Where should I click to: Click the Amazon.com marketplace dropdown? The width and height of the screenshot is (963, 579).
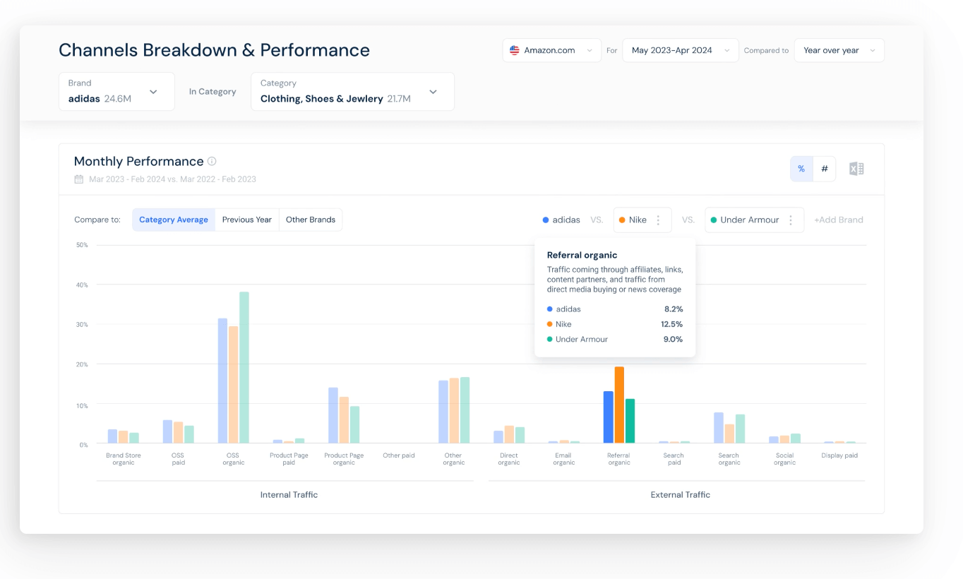coord(551,51)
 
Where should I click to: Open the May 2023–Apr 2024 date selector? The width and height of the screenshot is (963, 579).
coord(680,51)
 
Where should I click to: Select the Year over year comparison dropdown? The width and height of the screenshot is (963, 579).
coord(839,51)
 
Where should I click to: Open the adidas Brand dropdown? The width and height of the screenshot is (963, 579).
coord(116,92)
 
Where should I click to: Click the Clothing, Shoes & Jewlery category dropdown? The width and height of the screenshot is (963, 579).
coord(352,92)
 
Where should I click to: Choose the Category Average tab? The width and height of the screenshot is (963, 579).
coord(174,220)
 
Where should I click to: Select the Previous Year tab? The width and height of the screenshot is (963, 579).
coord(247,220)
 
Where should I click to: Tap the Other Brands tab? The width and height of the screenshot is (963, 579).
coord(311,220)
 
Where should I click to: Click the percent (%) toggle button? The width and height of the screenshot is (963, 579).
coord(801,169)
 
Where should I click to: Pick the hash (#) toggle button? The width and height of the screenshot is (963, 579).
coord(825,169)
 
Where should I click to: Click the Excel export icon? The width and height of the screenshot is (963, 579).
coord(856,169)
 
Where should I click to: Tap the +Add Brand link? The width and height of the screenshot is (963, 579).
coord(839,220)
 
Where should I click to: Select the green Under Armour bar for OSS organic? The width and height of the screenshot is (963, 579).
coord(244,367)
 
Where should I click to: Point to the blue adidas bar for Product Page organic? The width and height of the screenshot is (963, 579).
coord(333,415)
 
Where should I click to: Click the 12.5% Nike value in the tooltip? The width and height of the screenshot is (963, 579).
coord(671,324)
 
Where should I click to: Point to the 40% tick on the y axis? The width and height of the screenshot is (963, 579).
coord(83,285)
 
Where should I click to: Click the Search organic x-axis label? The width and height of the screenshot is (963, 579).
coord(729,459)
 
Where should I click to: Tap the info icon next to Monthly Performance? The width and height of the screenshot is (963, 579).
coord(212,161)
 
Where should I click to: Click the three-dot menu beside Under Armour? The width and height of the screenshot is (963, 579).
coord(791,220)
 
